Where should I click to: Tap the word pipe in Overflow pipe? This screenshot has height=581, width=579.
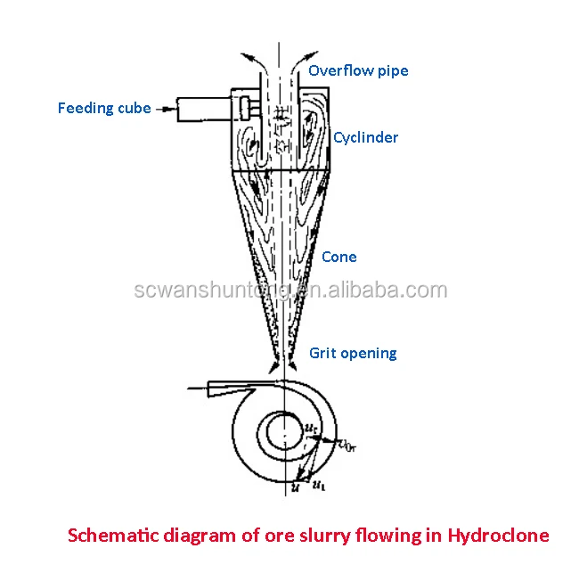(x=393, y=71)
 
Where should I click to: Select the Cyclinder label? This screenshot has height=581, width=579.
(x=365, y=137)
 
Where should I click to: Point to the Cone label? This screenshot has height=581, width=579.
(x=338, y=257)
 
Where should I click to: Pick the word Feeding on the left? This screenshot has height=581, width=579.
(x=86, y=109)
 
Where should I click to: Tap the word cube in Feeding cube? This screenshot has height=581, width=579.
(x=135, y=109)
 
